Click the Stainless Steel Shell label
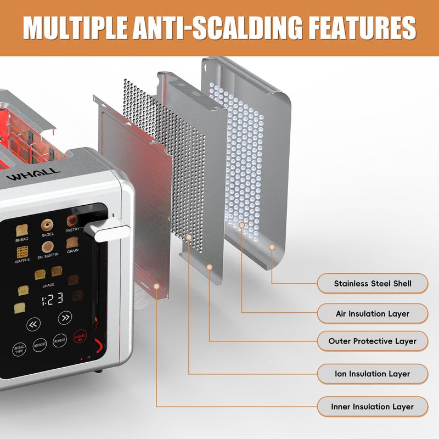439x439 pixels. [372, 284]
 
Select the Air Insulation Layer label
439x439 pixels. [372, 314]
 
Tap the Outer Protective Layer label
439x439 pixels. [372, 341]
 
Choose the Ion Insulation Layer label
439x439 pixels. [372, 374]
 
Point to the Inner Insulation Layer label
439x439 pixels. [372, 407]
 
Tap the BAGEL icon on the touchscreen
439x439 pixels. [47, 226]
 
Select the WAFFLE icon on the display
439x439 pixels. [22, 252]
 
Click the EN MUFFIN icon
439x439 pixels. [48, 247]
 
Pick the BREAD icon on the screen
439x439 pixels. [22, 230]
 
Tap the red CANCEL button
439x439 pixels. [80, 338]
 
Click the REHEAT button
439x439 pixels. [60, 341]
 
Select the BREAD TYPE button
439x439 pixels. [19, 349]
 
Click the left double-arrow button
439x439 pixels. [33, 324]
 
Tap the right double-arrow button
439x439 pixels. [65, 317]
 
